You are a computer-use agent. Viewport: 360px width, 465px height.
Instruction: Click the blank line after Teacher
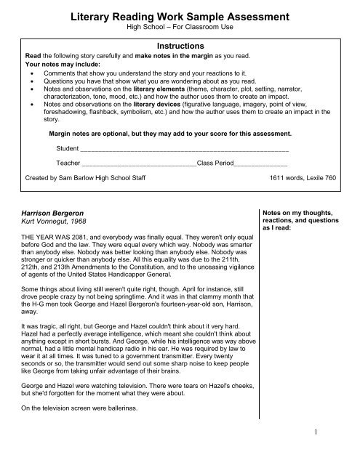139,163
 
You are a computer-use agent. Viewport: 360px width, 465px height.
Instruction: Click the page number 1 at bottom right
338,453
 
